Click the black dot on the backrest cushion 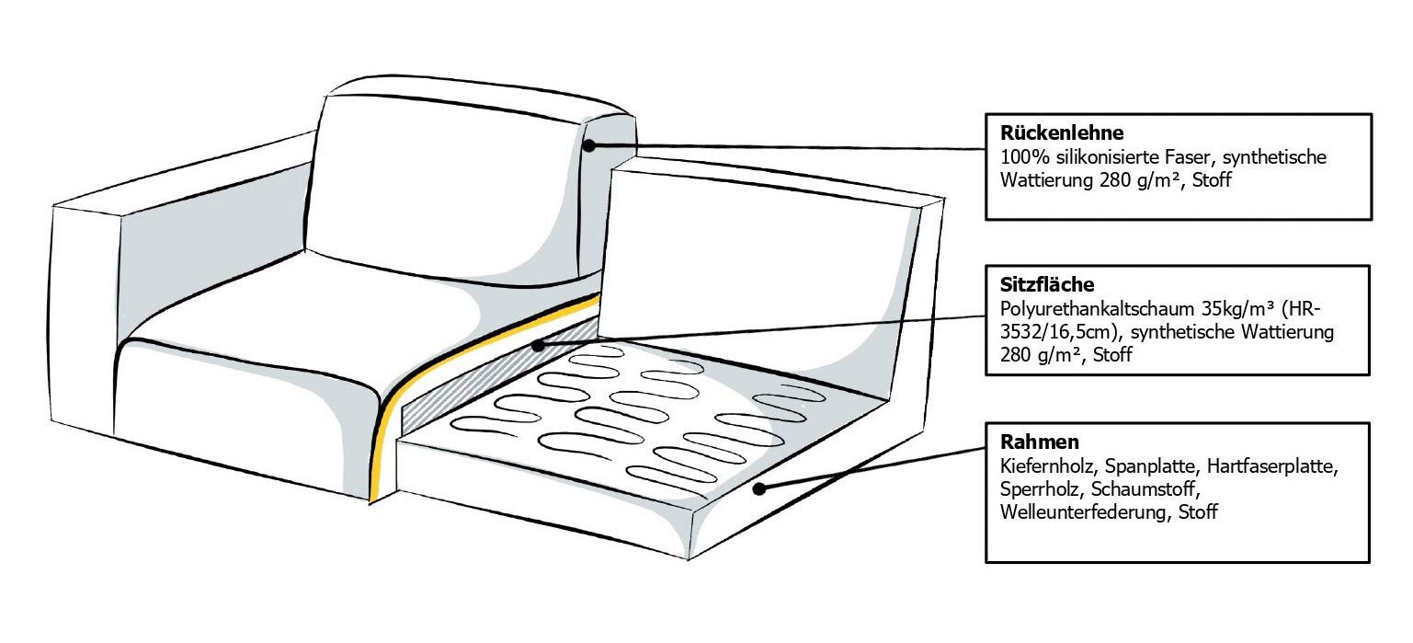coord(590,145)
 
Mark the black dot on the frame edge coord(759,489)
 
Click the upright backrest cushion coord(441,184)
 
